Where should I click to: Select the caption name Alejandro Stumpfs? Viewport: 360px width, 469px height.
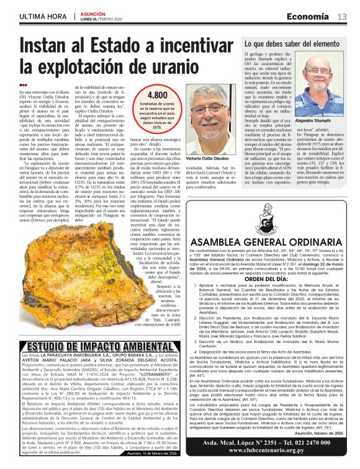[x=321, y=122]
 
